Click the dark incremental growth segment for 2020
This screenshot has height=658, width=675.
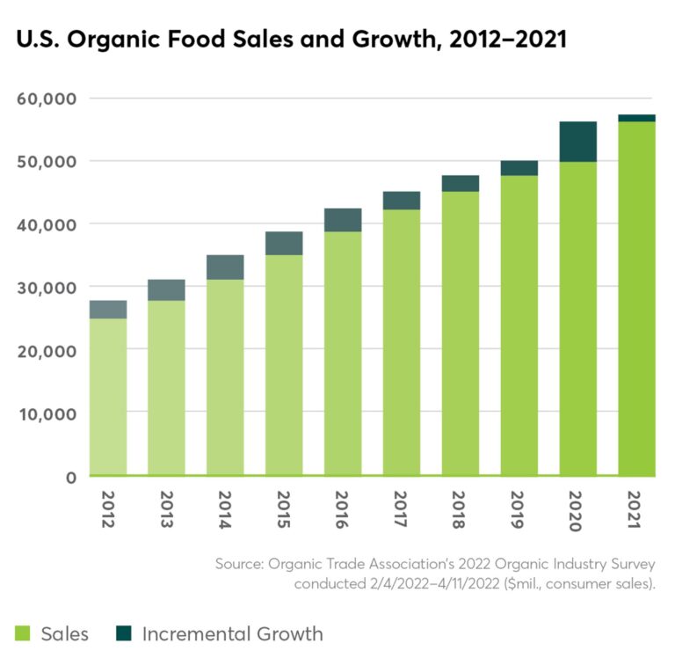[577, 142]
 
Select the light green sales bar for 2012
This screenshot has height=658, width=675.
[108, 396]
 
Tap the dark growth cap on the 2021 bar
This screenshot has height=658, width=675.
[636, 118]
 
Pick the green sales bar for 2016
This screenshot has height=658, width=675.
[343, 352]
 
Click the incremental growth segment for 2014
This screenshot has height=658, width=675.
[225, 267]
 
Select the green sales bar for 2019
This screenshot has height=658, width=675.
[519, 325]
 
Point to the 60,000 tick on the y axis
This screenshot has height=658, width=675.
[47, 98]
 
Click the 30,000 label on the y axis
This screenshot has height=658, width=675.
[47, 287]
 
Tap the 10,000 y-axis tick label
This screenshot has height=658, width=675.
[47, 413]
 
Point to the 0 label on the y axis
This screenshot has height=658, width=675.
[71, 476]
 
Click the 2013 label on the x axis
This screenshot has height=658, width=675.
[166, 510]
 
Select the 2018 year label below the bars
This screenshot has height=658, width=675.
[460, 510]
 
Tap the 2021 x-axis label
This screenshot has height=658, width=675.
[636, 510]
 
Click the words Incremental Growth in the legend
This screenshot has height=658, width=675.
[232, 633]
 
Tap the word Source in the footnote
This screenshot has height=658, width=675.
[241, 563]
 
